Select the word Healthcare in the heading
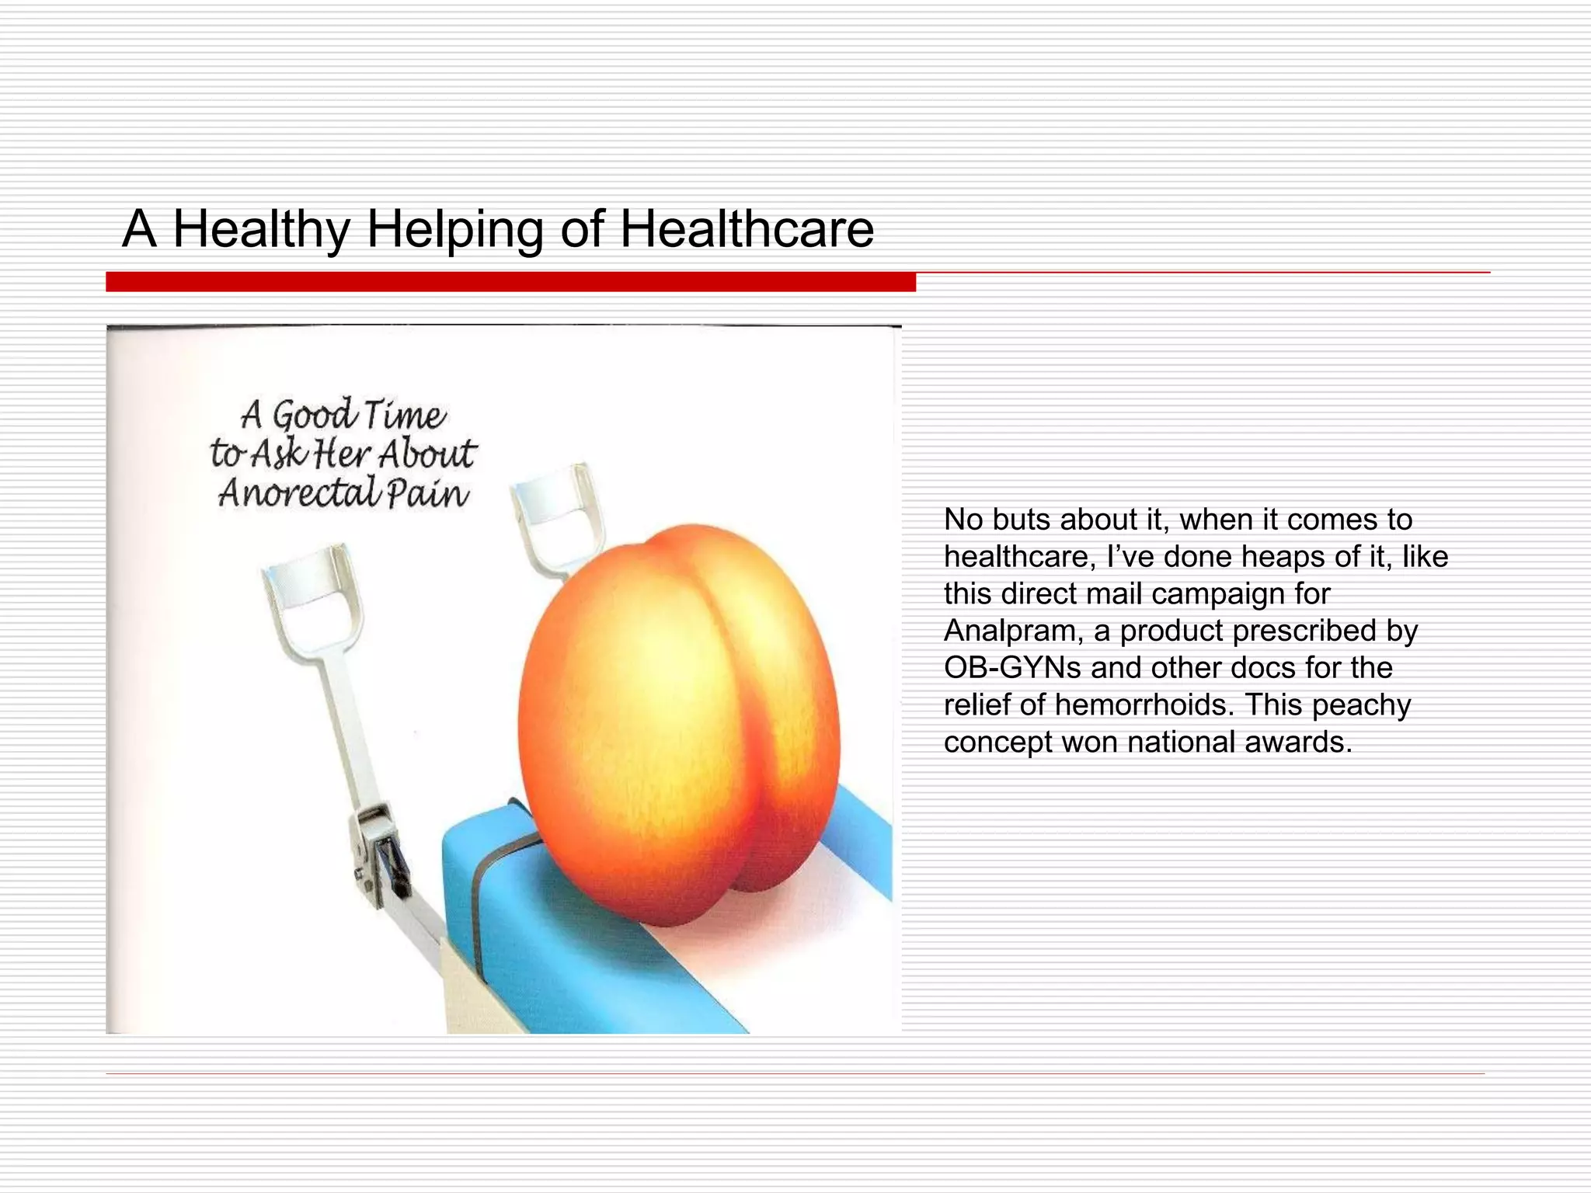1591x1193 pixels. click(747, 230)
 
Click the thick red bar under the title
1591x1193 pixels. click(510, 282)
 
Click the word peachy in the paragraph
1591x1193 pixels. click(1361, 705)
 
